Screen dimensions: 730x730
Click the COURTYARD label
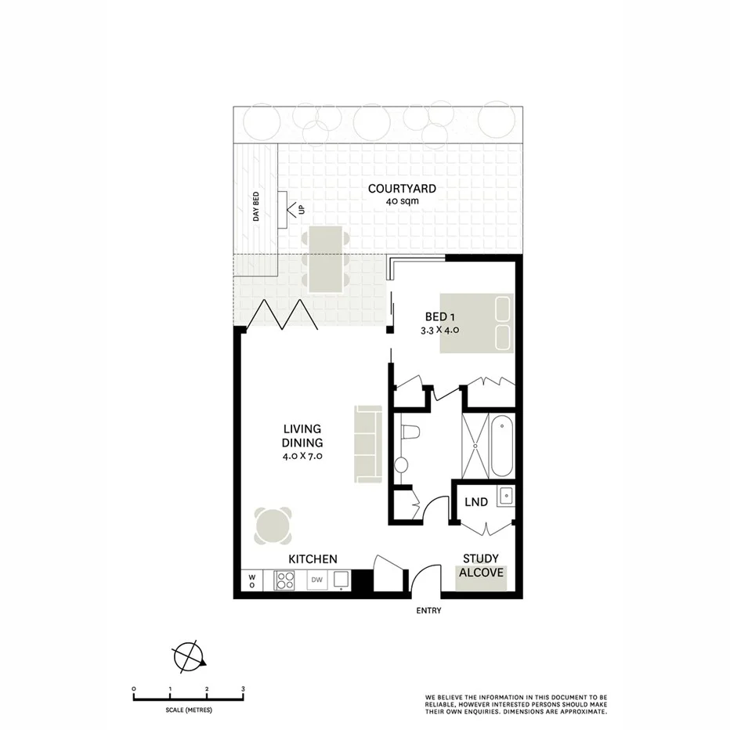(x=402, y=189)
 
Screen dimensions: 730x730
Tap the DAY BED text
(x=255, y=207)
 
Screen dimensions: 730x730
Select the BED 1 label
(x=441, y=316)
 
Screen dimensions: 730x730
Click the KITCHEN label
(x=313, y=559)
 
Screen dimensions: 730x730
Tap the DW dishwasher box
(x=317, y=580)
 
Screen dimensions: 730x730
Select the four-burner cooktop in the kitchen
(x=284, y=580)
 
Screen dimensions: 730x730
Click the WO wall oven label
(x=252, y=580)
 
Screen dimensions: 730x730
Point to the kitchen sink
(x=342, y=580)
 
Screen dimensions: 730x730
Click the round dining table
(x=273, y=526)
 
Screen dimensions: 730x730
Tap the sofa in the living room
(x=367, y=443)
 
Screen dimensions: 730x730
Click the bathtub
(x=502, y=446)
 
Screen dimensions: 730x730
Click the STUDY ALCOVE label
(x=481, y=566)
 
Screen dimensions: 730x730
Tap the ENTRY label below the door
(x=428, y=611)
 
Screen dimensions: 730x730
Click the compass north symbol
(x=188, y=656)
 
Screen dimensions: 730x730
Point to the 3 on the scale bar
(x=243, y=688)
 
